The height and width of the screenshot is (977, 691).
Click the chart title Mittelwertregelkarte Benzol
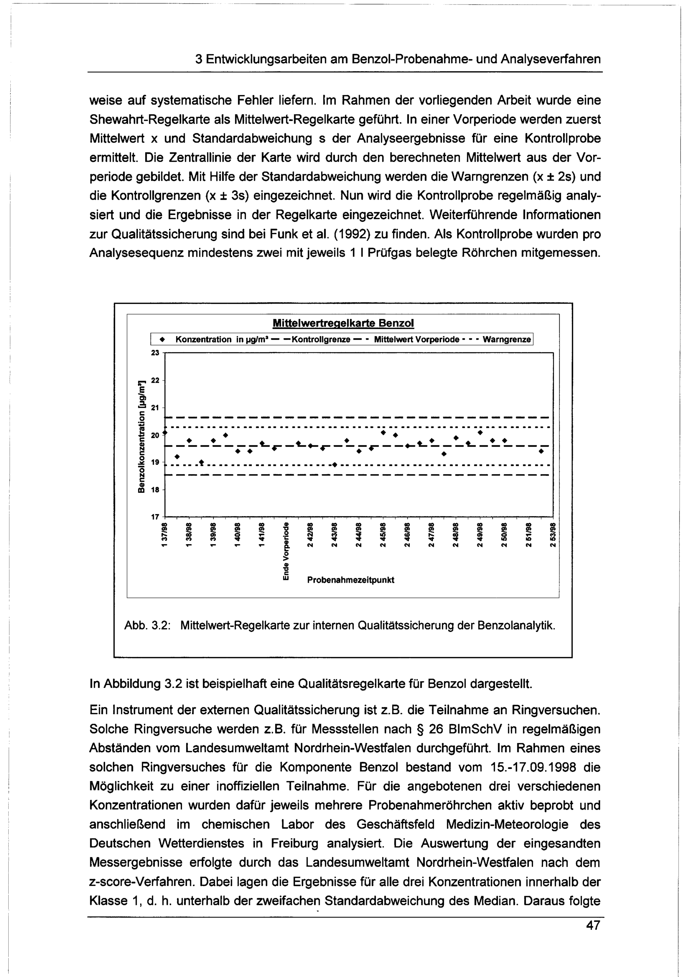coord(343,323)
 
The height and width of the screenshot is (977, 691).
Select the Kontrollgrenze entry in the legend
coord(325,340)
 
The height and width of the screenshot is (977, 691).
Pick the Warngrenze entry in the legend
coord(507,340)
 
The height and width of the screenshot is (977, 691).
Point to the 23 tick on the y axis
coord(155,353)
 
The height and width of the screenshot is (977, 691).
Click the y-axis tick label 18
coord(155,490)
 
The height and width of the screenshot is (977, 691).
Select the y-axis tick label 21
coord(155,408)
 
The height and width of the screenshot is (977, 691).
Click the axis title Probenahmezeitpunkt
coord(351,580)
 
